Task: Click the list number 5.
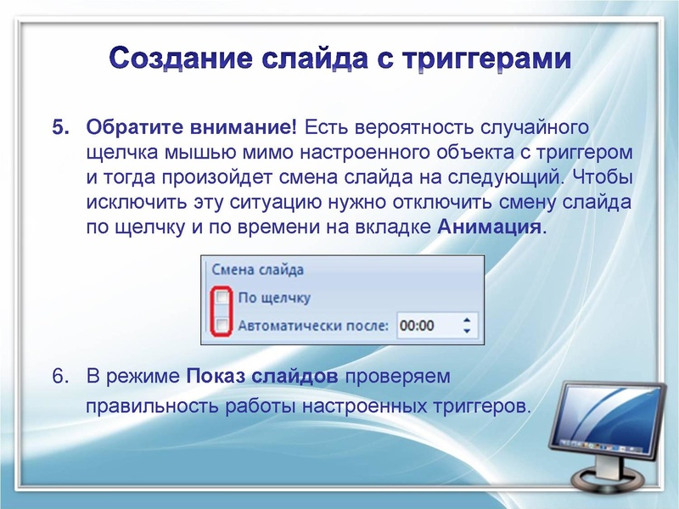point(61,128)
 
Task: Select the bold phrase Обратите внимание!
point(191,128)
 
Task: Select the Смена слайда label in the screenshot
point(257,270)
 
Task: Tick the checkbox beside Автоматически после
point(222,324)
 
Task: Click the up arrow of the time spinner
point(466,320)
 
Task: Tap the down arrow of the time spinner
point(466,330)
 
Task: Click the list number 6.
point(61,376)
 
